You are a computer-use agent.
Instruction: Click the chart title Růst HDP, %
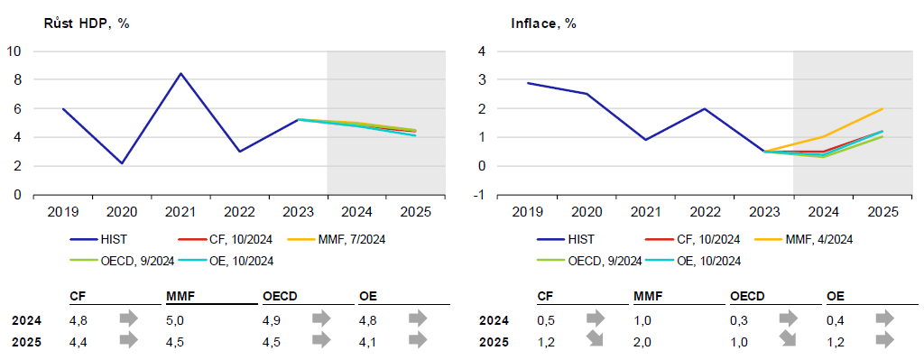tap(87, 24)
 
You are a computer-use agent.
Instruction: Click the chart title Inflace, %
tap(543, 24)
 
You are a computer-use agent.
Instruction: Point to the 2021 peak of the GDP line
tap(180, 74)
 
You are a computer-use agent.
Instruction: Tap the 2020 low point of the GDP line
tap(122, 163)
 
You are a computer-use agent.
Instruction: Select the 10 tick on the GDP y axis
tap(13, 51)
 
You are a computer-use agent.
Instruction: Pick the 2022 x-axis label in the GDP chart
tap(239, 211)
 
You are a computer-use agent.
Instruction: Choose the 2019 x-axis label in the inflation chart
tap(527, 211)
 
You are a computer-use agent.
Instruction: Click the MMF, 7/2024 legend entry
tap(337, 239)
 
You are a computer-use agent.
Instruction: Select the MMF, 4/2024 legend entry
tap(804, 239)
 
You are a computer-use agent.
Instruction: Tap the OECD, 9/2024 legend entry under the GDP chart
tap(123, 261)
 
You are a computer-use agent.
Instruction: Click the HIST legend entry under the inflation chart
tap(566, 239)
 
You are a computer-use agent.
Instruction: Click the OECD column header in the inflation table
tap(747, 295)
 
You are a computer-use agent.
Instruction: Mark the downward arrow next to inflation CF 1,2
tap(596, 340)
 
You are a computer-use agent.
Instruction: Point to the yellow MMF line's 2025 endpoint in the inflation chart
tap(882, 108)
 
